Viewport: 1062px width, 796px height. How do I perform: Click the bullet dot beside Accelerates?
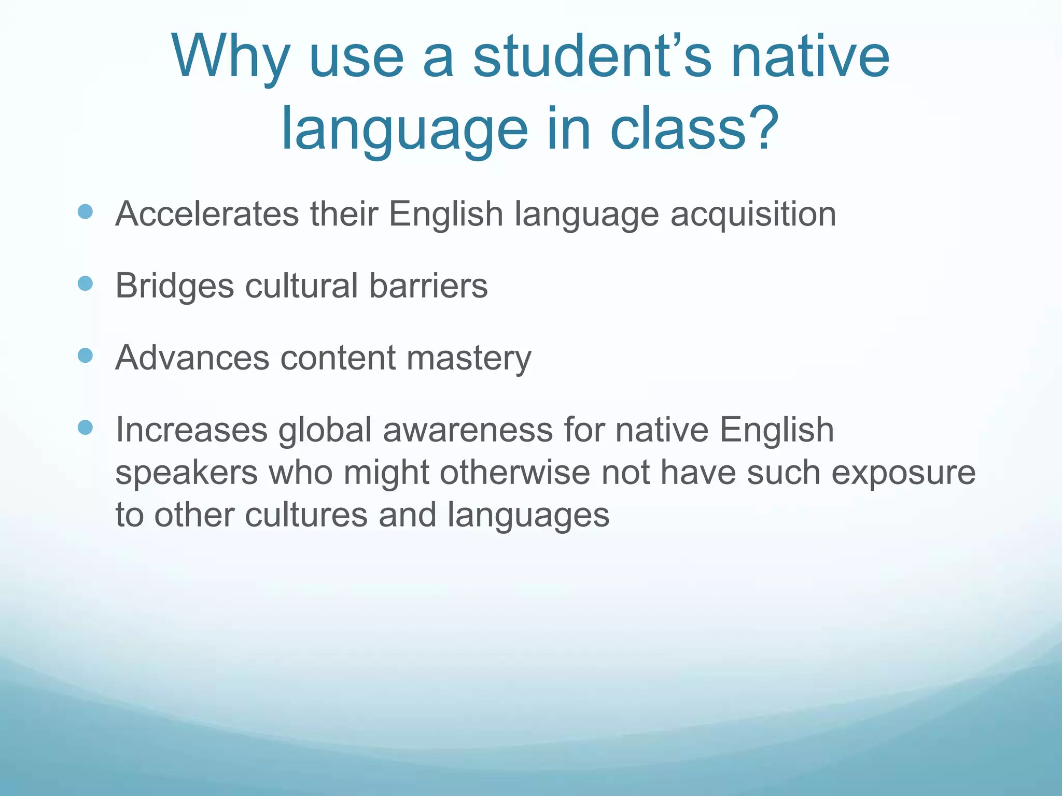[x=85, y=211]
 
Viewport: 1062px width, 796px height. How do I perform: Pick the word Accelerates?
[x=207, y=214]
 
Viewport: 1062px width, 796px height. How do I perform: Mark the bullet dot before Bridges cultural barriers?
[x=85, y=283]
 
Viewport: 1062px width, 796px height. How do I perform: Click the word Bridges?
[x=174, y=286]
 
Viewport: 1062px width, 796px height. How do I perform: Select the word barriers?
[x=428, y=286]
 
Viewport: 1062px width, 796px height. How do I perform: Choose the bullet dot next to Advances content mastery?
[x=85, y=356]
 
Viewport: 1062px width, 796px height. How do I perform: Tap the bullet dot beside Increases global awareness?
[x=85, y=428]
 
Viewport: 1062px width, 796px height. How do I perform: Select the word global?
[x=325, y=430]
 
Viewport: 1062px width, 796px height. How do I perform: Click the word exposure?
[x=903, y=473]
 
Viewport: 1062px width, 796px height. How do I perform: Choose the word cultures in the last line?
[x=306, y=515]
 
